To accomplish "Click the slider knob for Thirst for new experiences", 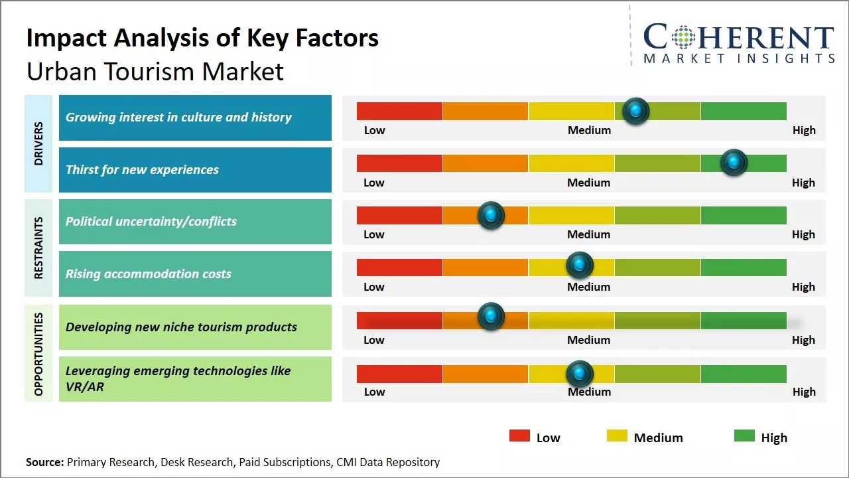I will pos(734,163).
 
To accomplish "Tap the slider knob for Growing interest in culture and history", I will pos(635,111).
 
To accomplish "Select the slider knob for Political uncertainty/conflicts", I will pos(491,215).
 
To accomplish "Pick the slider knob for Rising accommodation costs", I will pos(579,266).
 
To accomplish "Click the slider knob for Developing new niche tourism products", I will pos(491,316).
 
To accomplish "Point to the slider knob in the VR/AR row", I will pos(579,374).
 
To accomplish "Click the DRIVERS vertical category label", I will pos(38,143).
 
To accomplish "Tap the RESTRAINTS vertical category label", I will pos(38,248).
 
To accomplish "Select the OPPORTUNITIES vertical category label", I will pos(38,353).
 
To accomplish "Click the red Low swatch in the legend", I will pos(519,436).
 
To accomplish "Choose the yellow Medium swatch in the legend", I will pos(617,436).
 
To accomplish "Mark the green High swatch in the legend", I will pos(744,436).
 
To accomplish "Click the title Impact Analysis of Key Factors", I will pos(202,38).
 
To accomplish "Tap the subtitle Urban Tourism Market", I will pos(155,71).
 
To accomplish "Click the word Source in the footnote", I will pos(44,462).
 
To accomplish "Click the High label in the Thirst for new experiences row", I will pos(803,183).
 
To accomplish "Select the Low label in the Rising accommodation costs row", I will pos(374,287).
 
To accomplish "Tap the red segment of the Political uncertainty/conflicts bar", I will pos(399,215).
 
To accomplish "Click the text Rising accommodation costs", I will pos(149,274).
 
